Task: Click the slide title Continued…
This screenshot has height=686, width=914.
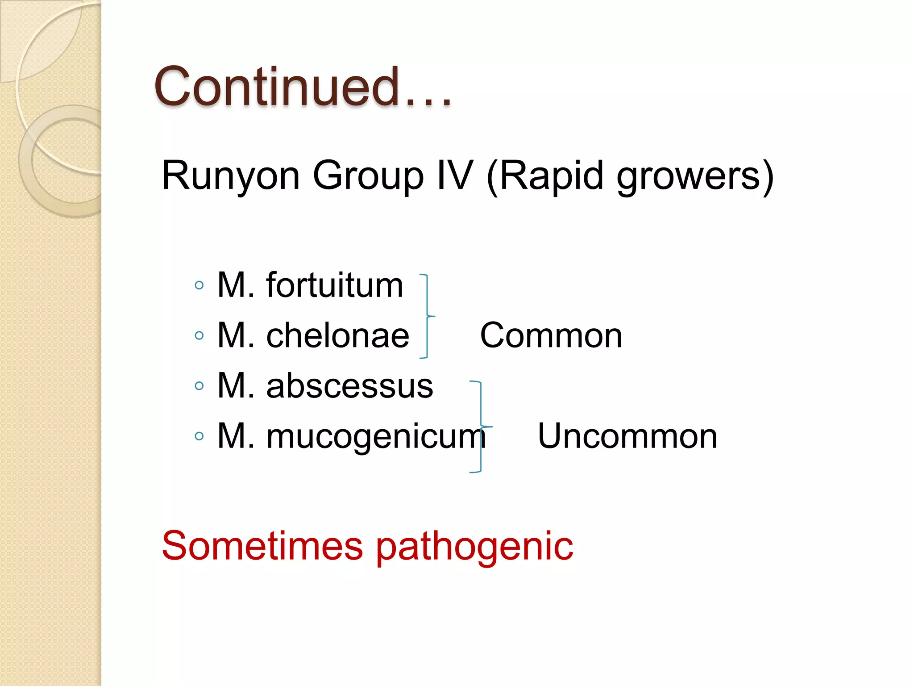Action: click(303, 87)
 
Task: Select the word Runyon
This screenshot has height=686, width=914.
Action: click(230, 176)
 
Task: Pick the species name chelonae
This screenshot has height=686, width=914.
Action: click(337, 335)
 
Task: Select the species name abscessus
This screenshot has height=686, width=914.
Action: click(349, 386)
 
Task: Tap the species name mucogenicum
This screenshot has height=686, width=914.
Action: click(376, 436)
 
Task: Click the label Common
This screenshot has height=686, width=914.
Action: click(551, 335)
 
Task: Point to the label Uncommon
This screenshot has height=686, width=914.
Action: click(627, 436)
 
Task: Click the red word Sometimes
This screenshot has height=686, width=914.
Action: click(262, 546)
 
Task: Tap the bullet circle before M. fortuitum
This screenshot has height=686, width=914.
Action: click(199, 285)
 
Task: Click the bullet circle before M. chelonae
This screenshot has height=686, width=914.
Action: click(199, 335)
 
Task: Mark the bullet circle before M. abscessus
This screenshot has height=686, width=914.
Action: click(199, 386)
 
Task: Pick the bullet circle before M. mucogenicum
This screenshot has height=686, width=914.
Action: click(199, 436)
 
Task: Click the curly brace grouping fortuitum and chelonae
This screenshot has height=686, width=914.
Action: click(427, 316)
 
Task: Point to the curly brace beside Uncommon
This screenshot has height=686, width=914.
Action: click(481, 427)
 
